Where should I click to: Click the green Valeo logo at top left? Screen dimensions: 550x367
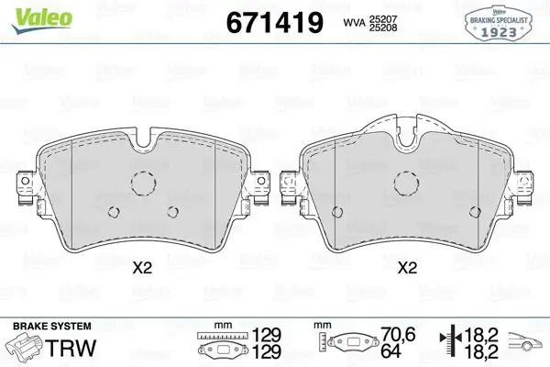pyautogui.click(x=42, y=20)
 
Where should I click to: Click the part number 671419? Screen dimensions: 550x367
pyautogui.click(x=275, y=23)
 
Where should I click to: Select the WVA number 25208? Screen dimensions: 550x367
pyautogui.click(x=383, y=28)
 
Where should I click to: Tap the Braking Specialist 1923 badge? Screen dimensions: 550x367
pyautogui.click(x=499, y=24)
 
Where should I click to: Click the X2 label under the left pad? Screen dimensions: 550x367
pyautogui.click(x=142, y=268)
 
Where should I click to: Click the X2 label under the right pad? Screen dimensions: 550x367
pyautogui.click(x=407, y=268)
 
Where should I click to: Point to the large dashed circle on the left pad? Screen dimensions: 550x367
pyautogui.click(x=144, y=183)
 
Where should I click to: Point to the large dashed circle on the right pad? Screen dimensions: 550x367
pyautogui.click(x=406, y=183)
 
